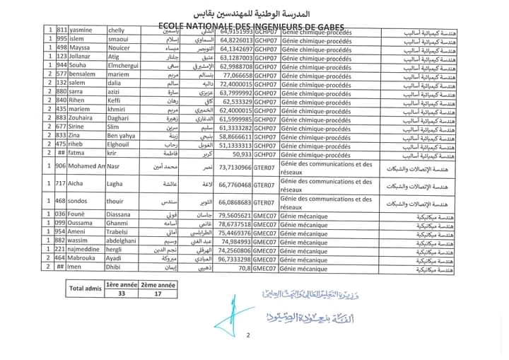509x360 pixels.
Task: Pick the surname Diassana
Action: pos(120,214)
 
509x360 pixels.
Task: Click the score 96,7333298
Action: pos(235,260)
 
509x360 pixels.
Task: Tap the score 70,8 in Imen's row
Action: pos(244,269)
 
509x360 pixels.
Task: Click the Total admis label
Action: pos(84,289)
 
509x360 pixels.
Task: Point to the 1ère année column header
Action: pos(120,284)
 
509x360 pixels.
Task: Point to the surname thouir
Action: pos(116,202)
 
